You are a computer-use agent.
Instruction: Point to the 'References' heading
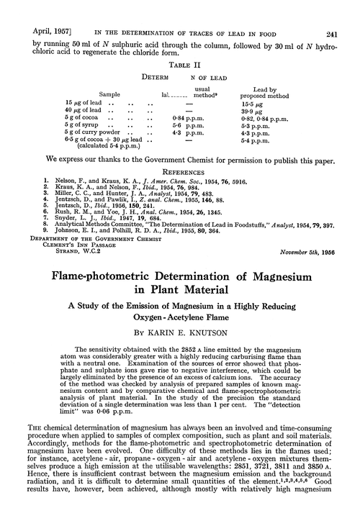coord(179,172)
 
